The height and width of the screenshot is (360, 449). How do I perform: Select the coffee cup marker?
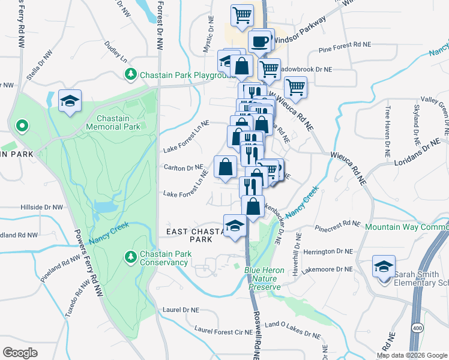point(259,43)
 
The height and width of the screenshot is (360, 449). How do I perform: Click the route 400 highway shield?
point(417,326)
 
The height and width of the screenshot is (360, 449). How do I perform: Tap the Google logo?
point(20,352)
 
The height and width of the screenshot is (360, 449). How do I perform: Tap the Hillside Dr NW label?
point(41,206)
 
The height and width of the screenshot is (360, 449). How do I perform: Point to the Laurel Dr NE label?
point(180,310)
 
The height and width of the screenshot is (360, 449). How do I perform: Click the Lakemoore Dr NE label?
point(328,270)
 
